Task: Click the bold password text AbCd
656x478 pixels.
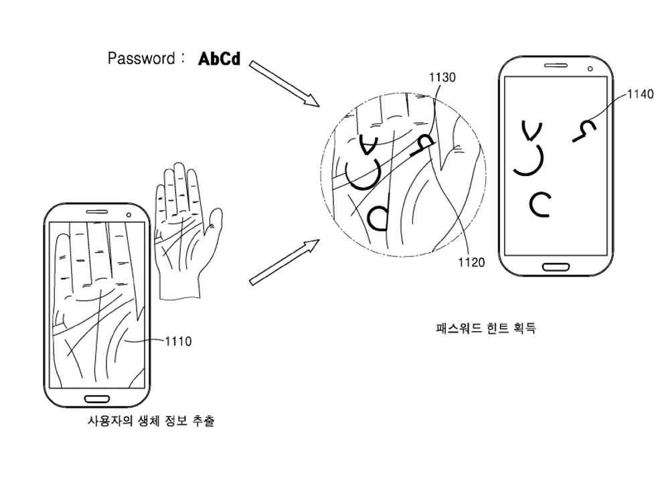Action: pos(219,59)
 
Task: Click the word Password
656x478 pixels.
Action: pos(141,58)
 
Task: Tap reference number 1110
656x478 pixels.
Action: pos(177,341)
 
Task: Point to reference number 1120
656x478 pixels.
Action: pos(471,262)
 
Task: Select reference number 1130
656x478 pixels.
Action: pos(442,78)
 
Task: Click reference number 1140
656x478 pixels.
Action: pos(640,94)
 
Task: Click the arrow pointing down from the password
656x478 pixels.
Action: pos(284,83)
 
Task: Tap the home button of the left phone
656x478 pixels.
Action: pos(97,399)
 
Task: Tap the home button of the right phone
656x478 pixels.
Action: pos(556,266)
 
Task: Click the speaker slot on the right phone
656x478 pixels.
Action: pos(556,66)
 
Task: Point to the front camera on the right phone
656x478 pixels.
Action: pos(590,68)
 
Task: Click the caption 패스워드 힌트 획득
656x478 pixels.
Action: pos(485,328)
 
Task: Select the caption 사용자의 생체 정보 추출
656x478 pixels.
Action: pos(151,422)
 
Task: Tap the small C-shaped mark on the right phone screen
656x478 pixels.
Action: pos(540,204)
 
